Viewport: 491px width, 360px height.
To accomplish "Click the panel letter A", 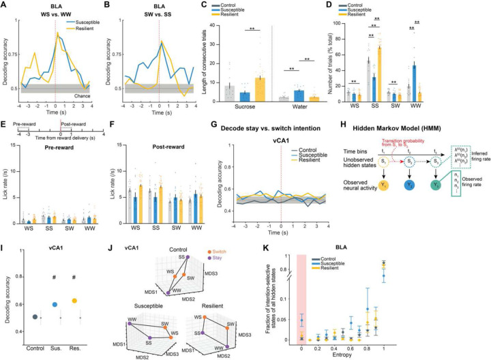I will [x=4, y=5].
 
